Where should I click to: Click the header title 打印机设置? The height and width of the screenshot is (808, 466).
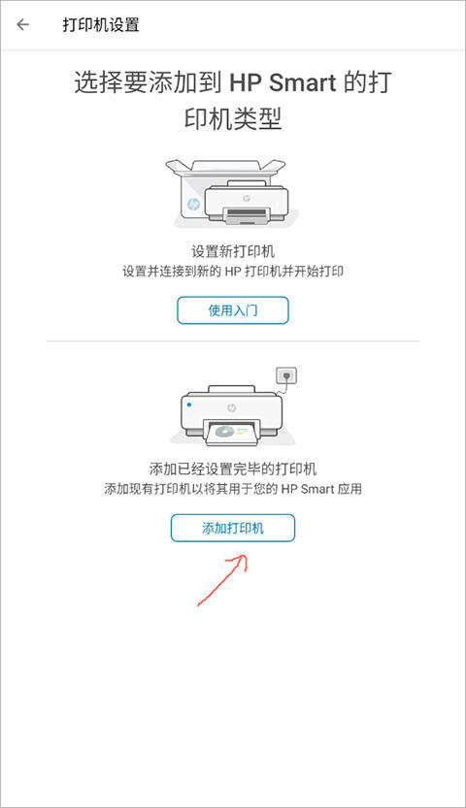coord(101,25)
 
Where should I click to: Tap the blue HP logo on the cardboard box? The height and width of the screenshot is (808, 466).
coord(193,205)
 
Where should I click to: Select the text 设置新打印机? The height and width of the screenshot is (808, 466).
coord(233,250)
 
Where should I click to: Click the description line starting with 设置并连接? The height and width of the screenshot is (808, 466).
coord(233,272)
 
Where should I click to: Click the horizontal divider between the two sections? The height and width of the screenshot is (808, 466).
coord(233,341)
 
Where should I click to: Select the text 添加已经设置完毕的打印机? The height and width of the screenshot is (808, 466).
coord(233,469)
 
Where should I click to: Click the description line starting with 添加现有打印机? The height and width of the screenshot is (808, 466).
coord(233,489)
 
